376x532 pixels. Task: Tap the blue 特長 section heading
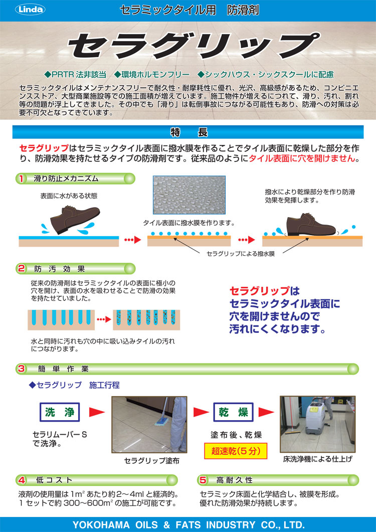188,132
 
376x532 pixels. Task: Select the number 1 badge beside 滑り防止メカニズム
21,178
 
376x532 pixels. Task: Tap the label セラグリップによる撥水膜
241,254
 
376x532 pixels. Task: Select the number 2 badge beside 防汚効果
21,268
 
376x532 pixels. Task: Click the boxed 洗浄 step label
60,412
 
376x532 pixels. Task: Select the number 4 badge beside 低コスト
21,480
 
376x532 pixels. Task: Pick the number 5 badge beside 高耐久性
203,480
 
